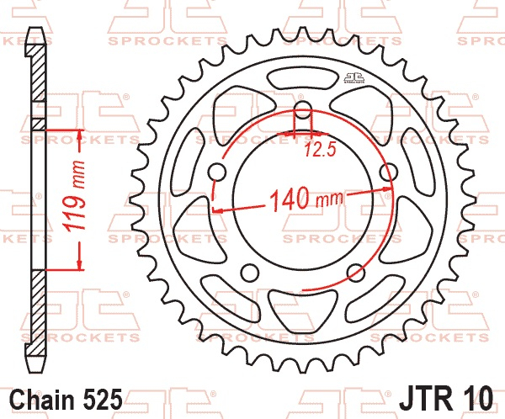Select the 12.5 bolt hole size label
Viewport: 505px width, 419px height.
coord(314,151)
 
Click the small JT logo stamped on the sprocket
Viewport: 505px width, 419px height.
coord(353,79)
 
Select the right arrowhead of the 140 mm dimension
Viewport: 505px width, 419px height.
coord(390,191)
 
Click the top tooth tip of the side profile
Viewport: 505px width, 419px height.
coord(36,34)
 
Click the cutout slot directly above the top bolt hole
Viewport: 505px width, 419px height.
coord(304,84)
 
